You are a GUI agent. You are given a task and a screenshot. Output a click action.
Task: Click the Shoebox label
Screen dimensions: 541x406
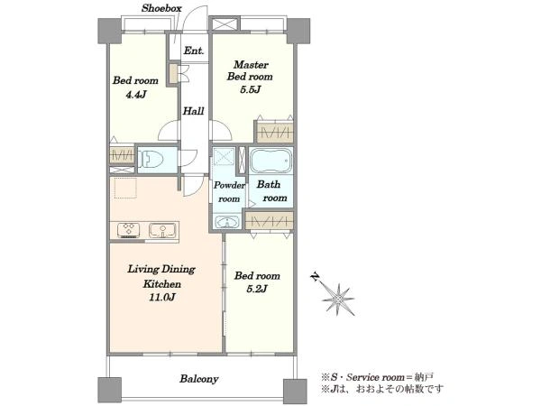[161, 8]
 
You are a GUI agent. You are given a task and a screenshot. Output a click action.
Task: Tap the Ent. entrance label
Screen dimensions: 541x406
[194, 51]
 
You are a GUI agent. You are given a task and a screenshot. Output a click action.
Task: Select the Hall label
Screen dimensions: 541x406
[193, 111]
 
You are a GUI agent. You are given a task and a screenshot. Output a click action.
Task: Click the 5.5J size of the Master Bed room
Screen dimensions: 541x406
[250, 89]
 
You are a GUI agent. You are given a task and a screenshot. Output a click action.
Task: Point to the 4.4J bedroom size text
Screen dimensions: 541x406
[135, 94]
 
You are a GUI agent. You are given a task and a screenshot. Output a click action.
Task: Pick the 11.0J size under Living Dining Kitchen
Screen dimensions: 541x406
[162, 297]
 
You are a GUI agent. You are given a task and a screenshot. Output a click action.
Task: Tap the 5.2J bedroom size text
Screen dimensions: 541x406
[257, 289]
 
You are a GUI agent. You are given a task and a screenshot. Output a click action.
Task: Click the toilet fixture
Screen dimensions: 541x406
[151, 161]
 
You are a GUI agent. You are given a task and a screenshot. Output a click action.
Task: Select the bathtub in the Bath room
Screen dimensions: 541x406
[270, 161]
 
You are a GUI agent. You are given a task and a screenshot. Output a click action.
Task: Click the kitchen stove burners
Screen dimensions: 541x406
[128, 231]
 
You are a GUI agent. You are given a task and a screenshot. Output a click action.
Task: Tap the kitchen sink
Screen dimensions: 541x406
[162, 230]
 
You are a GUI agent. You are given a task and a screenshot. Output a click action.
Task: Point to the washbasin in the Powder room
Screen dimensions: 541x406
[226, 222]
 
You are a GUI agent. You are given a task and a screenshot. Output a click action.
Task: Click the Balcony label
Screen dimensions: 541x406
[199, 379]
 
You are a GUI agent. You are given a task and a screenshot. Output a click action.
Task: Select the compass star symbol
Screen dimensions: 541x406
[338, 300]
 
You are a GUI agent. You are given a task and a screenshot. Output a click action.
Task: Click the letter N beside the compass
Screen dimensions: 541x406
[315, 277]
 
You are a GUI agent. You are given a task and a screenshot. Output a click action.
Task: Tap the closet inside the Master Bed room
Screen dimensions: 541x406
[275, 133]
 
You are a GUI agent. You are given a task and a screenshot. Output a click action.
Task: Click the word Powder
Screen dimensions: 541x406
[229, 185]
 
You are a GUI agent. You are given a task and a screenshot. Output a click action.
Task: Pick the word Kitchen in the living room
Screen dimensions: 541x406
[162, 284]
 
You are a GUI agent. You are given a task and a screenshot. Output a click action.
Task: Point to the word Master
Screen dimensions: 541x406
[251, 65]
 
